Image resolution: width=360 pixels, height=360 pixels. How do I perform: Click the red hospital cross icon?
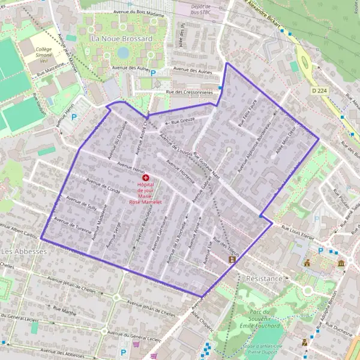click(146, 178)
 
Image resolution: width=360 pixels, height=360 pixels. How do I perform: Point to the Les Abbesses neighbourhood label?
click(23, 251)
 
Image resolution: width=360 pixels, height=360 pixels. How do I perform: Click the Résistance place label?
click(264, 279)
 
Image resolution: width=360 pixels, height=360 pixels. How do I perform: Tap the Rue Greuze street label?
click(183, 122)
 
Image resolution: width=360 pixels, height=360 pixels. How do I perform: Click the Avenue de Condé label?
click(103, 187)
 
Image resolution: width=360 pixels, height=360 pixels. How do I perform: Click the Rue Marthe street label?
click(64, 310)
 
